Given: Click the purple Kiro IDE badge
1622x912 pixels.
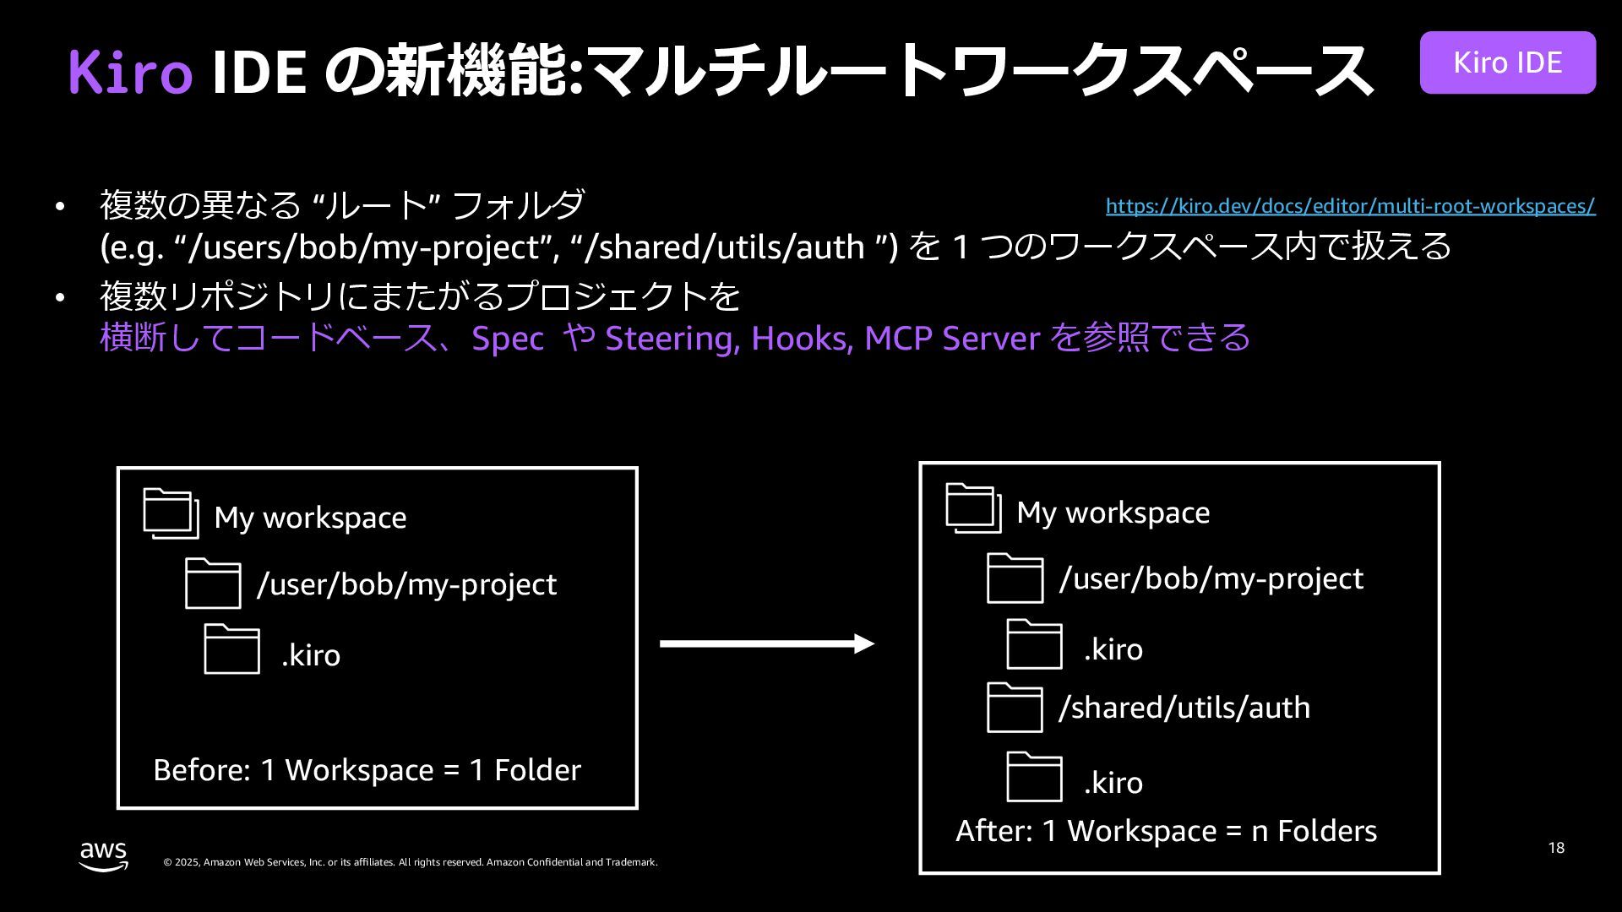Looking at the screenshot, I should [x=1507, y=62].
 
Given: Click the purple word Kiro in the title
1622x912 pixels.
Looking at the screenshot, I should [x=130, y=71].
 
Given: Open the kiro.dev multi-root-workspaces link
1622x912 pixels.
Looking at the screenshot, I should [x=1350, y=206].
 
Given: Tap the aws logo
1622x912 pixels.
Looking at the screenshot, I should [x=104, y=855].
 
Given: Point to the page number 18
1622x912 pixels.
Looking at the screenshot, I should [x=1556, y=847].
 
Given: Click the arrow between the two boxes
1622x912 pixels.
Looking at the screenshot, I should [x=766, y=644].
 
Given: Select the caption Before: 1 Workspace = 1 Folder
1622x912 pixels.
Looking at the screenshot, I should [x=367, y=770].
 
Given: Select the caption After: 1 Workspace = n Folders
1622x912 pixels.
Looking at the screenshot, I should [x=1166, y=831].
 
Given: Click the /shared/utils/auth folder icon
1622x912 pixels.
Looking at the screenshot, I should [x=1015, y=708].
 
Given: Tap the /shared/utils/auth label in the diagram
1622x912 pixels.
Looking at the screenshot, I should [x=1184, y=708].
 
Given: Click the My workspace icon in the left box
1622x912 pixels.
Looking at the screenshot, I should [x=171, y=513].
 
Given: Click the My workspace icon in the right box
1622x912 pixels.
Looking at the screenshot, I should [x=973, y=508].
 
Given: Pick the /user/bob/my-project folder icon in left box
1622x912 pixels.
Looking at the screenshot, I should [x=213, y=584].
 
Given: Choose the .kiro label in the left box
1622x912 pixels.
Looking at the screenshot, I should [x=311, y=655].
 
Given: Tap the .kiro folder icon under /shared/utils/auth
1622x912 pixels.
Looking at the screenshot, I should [x=1034, y=777].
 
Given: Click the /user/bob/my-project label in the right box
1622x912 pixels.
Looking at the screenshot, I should [x=1211, y=578].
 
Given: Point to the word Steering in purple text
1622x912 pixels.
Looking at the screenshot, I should [x=672, y=338].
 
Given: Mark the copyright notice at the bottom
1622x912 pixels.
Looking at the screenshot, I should [x=410, y=862].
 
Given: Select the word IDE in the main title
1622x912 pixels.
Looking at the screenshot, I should [x=258, y=71].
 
